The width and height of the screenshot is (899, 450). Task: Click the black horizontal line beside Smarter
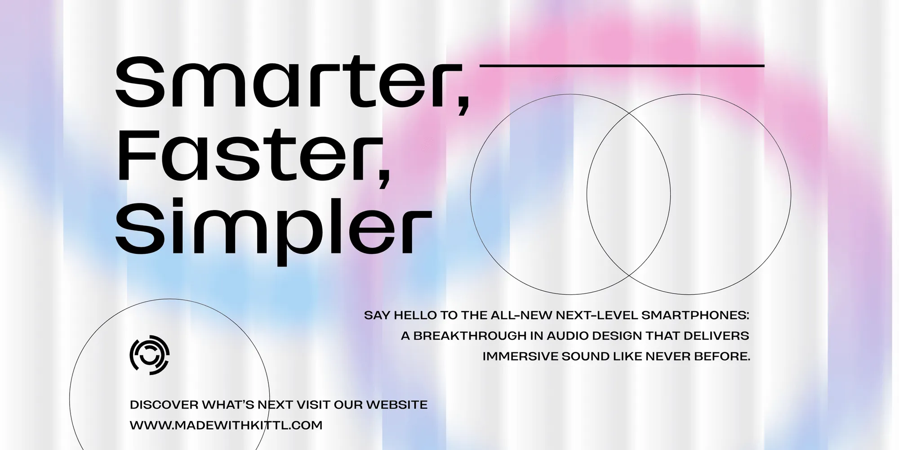(622, 66)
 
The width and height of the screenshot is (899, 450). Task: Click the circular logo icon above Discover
(150, 355)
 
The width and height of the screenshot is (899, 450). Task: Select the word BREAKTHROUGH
(464, 336)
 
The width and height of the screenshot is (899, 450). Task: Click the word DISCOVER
(164, 405)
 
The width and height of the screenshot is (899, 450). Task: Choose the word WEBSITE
(397, 405)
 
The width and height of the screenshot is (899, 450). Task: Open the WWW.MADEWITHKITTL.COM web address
(226, 425)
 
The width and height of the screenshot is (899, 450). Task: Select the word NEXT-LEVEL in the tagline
(596, 315)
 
